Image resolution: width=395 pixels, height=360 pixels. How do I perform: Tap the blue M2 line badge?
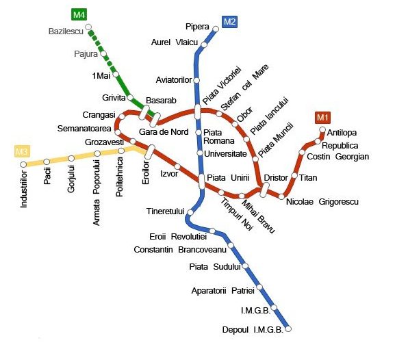229,22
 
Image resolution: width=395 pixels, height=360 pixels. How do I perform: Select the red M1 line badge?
322,118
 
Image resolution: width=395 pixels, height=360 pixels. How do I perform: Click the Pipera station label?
198,27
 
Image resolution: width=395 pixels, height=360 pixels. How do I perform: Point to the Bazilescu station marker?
88,28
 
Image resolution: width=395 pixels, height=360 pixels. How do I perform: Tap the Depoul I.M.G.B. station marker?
288,329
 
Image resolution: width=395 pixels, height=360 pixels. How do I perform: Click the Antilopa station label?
343,132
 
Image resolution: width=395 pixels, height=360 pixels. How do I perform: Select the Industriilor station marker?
23,164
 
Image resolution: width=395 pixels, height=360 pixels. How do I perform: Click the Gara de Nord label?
163,131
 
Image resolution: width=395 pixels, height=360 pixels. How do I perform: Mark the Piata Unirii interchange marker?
202,181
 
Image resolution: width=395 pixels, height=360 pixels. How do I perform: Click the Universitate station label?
225,153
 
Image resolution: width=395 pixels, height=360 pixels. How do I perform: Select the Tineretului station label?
166,211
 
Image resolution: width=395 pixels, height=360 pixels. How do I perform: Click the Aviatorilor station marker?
197,79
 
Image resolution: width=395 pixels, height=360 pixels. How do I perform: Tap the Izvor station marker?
177,166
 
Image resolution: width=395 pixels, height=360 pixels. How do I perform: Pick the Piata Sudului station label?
215,266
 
